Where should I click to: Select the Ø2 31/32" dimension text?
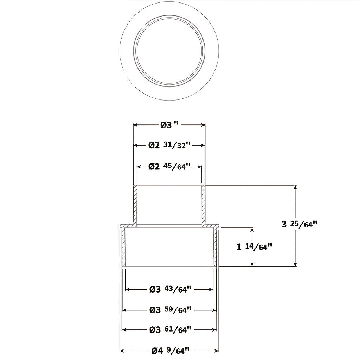click(169, 145)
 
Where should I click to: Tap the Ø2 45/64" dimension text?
click(169, 166)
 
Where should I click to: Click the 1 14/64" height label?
click(255, 247)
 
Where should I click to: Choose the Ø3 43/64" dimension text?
click(170, 289)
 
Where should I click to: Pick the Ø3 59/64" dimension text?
click(170, 310)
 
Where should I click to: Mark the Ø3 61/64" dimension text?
click(170, 330)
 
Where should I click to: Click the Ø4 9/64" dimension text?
click(170, 351)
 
